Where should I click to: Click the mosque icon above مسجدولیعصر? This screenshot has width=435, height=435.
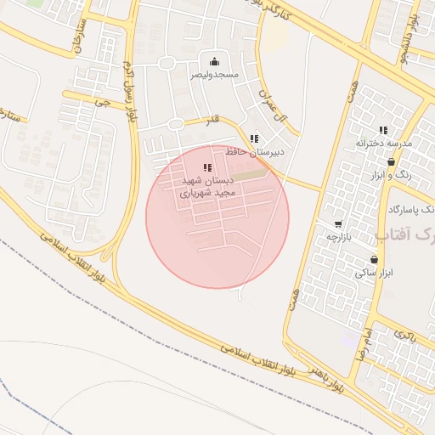pyautogui.click(x=213, y=61)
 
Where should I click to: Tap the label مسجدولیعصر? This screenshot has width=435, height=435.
pyautogui.click(x=213, y=75)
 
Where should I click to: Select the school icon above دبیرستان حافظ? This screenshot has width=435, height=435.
pyautogui.click(x=254, y=138)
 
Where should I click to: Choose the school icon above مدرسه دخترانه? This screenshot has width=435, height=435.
pyautogui.click(x=383, y=130)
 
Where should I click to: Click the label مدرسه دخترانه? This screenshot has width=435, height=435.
pyautogui.click(x=383, y=143)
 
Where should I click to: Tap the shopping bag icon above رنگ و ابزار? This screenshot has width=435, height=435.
pyautogui.click(x=391, y=161)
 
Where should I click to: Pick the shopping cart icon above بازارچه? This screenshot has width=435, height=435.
pyautogui.click(x=338, y=224)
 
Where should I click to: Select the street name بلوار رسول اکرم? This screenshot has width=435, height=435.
pyautogui.click(x=131, y=89)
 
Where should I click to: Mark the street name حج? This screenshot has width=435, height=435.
pyautogui.click(x=103, y=102)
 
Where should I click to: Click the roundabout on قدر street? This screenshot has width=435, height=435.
pyautogui.click(x=175, y=125)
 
